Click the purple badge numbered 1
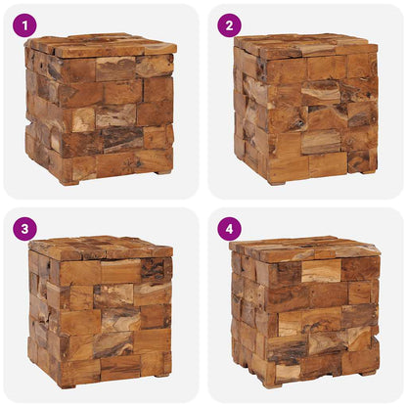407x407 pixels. [x=24, y=25]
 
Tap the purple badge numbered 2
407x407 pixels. [x=229, y=25]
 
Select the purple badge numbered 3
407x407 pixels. [x=24, y=229]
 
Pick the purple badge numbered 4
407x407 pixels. [x=229, y=229]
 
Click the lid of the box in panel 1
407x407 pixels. [x=103, y=45]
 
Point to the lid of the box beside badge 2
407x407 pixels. [x=305, y=45]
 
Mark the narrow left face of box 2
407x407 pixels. [x=250, y=113]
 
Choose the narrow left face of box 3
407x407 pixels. [x=39, y=313]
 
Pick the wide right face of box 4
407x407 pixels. [x=318, y=318]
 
